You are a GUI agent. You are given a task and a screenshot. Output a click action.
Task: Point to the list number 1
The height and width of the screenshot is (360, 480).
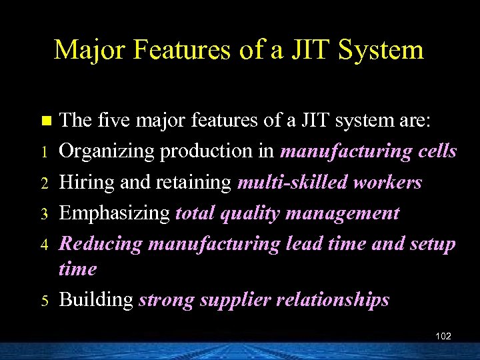click(45, 153)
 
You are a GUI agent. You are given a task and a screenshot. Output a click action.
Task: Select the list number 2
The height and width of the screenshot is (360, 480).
click(45, 183)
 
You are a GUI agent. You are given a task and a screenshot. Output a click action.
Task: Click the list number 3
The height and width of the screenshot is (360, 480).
click(45, 214)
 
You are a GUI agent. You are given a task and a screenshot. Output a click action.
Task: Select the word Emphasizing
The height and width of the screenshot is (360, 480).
click(115, 214)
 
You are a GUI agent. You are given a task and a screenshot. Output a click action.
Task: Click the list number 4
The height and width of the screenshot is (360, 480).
click(45, 245)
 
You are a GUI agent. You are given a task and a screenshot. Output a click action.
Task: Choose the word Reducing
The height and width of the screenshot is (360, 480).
click(101, 244)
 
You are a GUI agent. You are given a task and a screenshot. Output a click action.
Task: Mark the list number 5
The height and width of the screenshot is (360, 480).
click(45, 301)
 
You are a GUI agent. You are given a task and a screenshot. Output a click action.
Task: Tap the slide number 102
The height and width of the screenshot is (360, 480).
click(443, 336)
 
